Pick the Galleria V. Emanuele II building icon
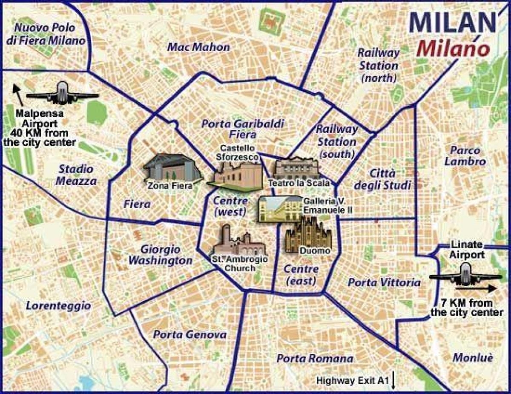click(x=279, y=209)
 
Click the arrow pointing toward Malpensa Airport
click(x=17, y=90)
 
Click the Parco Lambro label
click(x=468, y=156)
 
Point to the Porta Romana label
click(x=315, y=359)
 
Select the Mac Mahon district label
click(x=198, y=47)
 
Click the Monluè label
click(x=473, y=358)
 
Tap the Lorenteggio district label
click(x=58, y=305)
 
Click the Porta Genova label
click(x=190, y=335)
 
